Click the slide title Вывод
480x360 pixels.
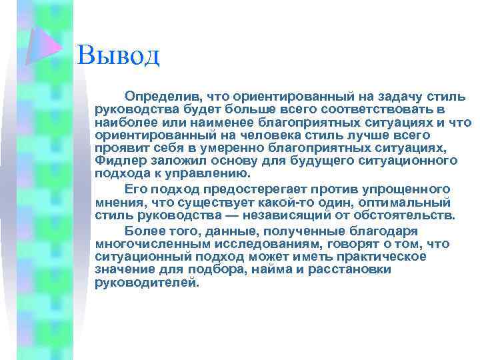[x=118, y=54]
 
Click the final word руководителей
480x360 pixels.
[x=147, y=282]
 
